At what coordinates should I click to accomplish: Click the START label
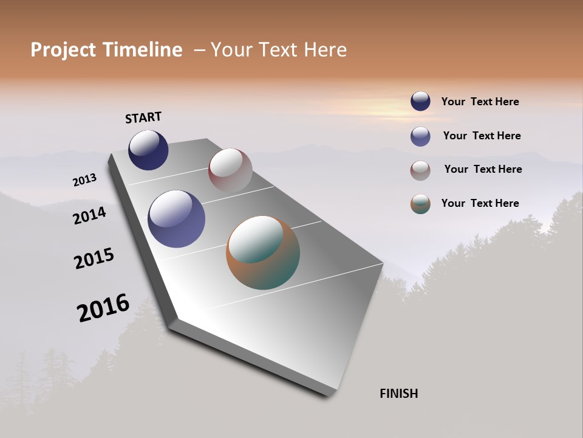[x=143, y=117]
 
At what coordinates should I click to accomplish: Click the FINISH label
[x=398, y=394]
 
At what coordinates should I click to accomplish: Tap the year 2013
[x=85, y=180]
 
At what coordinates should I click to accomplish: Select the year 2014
[x=90, y=215]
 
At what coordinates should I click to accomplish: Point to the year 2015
[x=94, y=259]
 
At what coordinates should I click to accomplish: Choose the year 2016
[x=103, y=308]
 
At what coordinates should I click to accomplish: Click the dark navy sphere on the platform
[x=148, y=150]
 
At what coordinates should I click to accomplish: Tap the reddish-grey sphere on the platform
[x=230, y=170]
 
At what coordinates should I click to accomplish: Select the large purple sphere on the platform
[x=176, y=219]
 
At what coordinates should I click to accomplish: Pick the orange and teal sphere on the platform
[x=263, y=252]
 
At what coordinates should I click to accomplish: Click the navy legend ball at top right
[x=420, y=101]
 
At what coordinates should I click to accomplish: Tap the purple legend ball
[x=420, y=136]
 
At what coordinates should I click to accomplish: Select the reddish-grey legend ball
[x=420, y=170]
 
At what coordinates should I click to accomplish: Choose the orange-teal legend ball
[x=420, y=204]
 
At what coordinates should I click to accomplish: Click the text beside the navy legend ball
[x=480, y=102]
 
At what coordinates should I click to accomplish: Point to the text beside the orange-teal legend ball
[x=480, y=203]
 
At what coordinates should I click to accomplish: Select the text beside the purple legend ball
[x=482, y=136]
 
